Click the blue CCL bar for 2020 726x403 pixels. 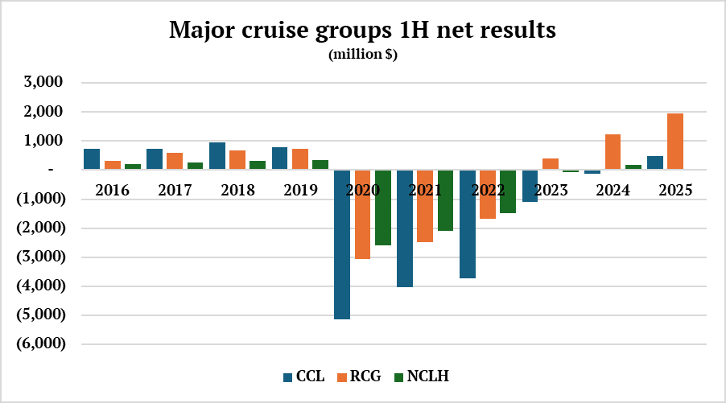(x=342, y=245)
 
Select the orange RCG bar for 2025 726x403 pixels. (x=675, y=142)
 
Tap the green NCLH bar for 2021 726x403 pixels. (x=446, y=200)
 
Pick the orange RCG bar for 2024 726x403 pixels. (x=613, y=152)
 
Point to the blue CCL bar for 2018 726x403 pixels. (x=217, y=156)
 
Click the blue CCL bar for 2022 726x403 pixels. (x=468, y=224)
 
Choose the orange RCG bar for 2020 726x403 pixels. (x=362, y=214)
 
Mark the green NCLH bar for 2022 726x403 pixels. (x=507, y=191)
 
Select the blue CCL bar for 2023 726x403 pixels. (x=530, y=186)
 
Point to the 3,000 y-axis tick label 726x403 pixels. (x=45, y=83)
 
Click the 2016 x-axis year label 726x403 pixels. (x=111, y=191)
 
